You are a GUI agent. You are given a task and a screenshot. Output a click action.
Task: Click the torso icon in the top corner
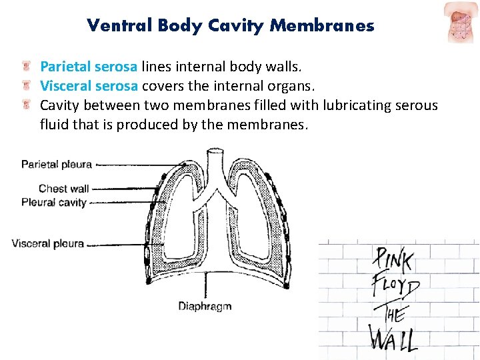tap(461, 21)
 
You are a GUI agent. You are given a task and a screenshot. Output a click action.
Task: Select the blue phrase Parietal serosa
tap(89, 67)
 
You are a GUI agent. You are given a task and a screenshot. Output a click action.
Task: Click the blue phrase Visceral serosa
tap(89, 86)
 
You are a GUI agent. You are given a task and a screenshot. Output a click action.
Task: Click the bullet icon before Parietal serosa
tap(27, 67)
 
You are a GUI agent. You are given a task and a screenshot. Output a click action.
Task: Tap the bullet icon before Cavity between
tap(27, 105)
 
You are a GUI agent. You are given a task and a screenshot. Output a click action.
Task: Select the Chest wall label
tap(63, 189)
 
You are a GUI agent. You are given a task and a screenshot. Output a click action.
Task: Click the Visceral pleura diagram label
tap(47, 243)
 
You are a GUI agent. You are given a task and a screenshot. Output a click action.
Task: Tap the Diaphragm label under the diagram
tap(205, 306)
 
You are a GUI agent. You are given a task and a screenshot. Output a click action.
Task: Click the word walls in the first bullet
tap(285, 67)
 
